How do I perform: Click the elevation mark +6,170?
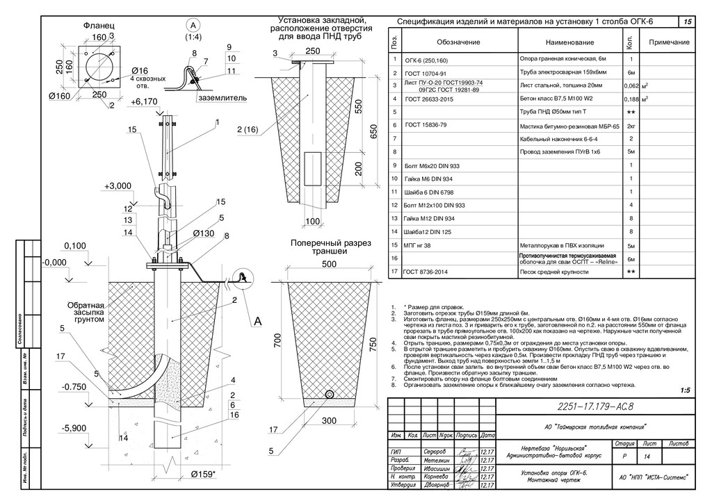144,101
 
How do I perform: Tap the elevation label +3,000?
118,185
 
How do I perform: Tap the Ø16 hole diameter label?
140,71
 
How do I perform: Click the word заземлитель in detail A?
222,99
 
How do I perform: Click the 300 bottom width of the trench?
329,420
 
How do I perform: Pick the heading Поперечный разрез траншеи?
331,248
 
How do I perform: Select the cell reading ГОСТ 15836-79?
426,125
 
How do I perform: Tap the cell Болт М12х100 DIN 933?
434,206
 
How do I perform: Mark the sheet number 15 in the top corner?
688,23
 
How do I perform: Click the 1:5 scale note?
686,390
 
